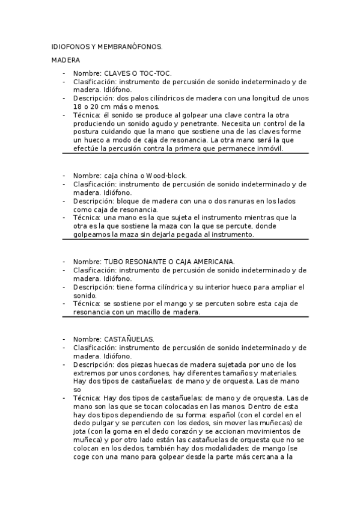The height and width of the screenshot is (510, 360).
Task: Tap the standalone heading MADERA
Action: point(63,60)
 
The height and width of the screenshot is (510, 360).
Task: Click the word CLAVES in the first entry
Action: point(118,73)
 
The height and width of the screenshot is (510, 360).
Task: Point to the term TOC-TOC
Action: point(158,73)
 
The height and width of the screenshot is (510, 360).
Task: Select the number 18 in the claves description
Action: point(78,106)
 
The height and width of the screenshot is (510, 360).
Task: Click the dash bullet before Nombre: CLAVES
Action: point(64,73)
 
